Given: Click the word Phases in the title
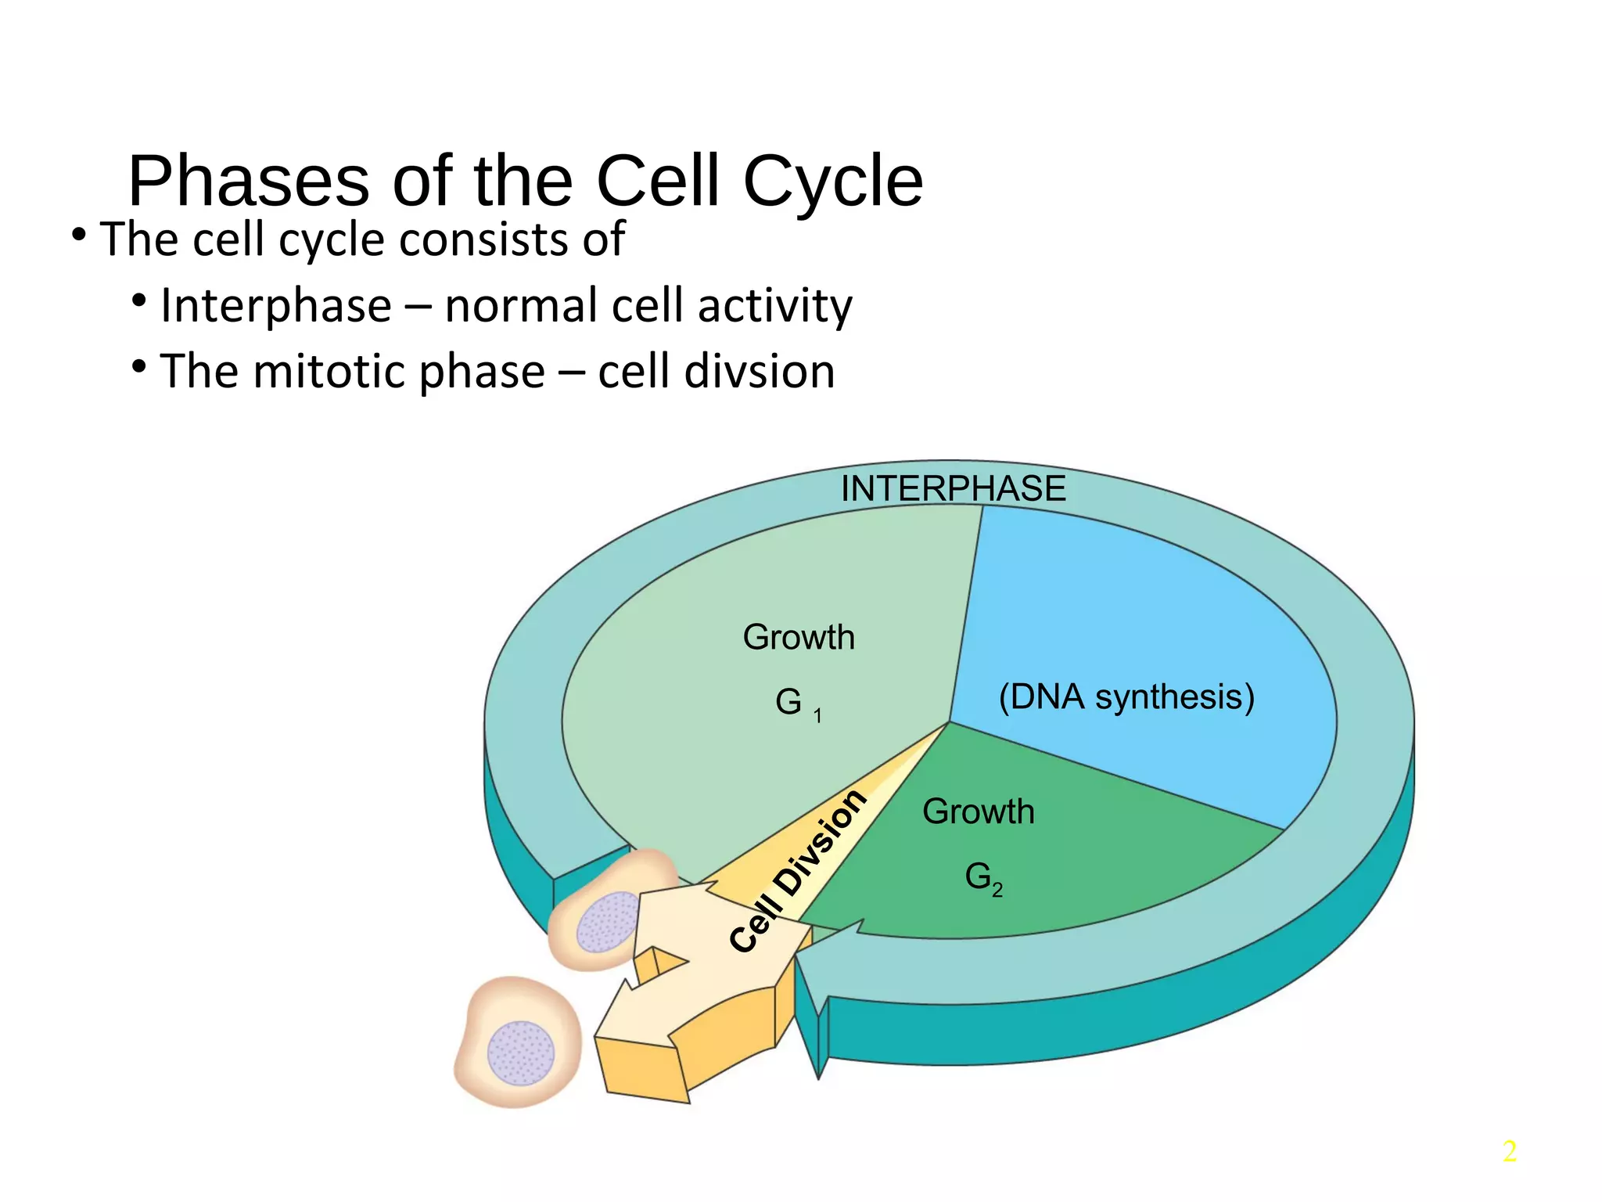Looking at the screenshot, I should coord(248,182).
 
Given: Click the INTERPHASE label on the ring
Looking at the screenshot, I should coord(953,489).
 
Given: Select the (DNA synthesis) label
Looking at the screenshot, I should coord(1126,696).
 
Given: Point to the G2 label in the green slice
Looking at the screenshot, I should coord(982,878).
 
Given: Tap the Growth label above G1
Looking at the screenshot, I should coord(798,637).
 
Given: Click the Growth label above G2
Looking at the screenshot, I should coord(978,812).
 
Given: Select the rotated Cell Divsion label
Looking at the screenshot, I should coord(798,871).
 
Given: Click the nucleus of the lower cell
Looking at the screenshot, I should coord(521,1053).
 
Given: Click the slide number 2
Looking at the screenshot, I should coord(1509,1151).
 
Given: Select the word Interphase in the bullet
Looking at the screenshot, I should coord(275,305).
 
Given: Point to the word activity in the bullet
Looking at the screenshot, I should coord(774,305).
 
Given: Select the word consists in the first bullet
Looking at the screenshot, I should coord(483,239).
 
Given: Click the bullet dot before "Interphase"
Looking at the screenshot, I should coord(139,301).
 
